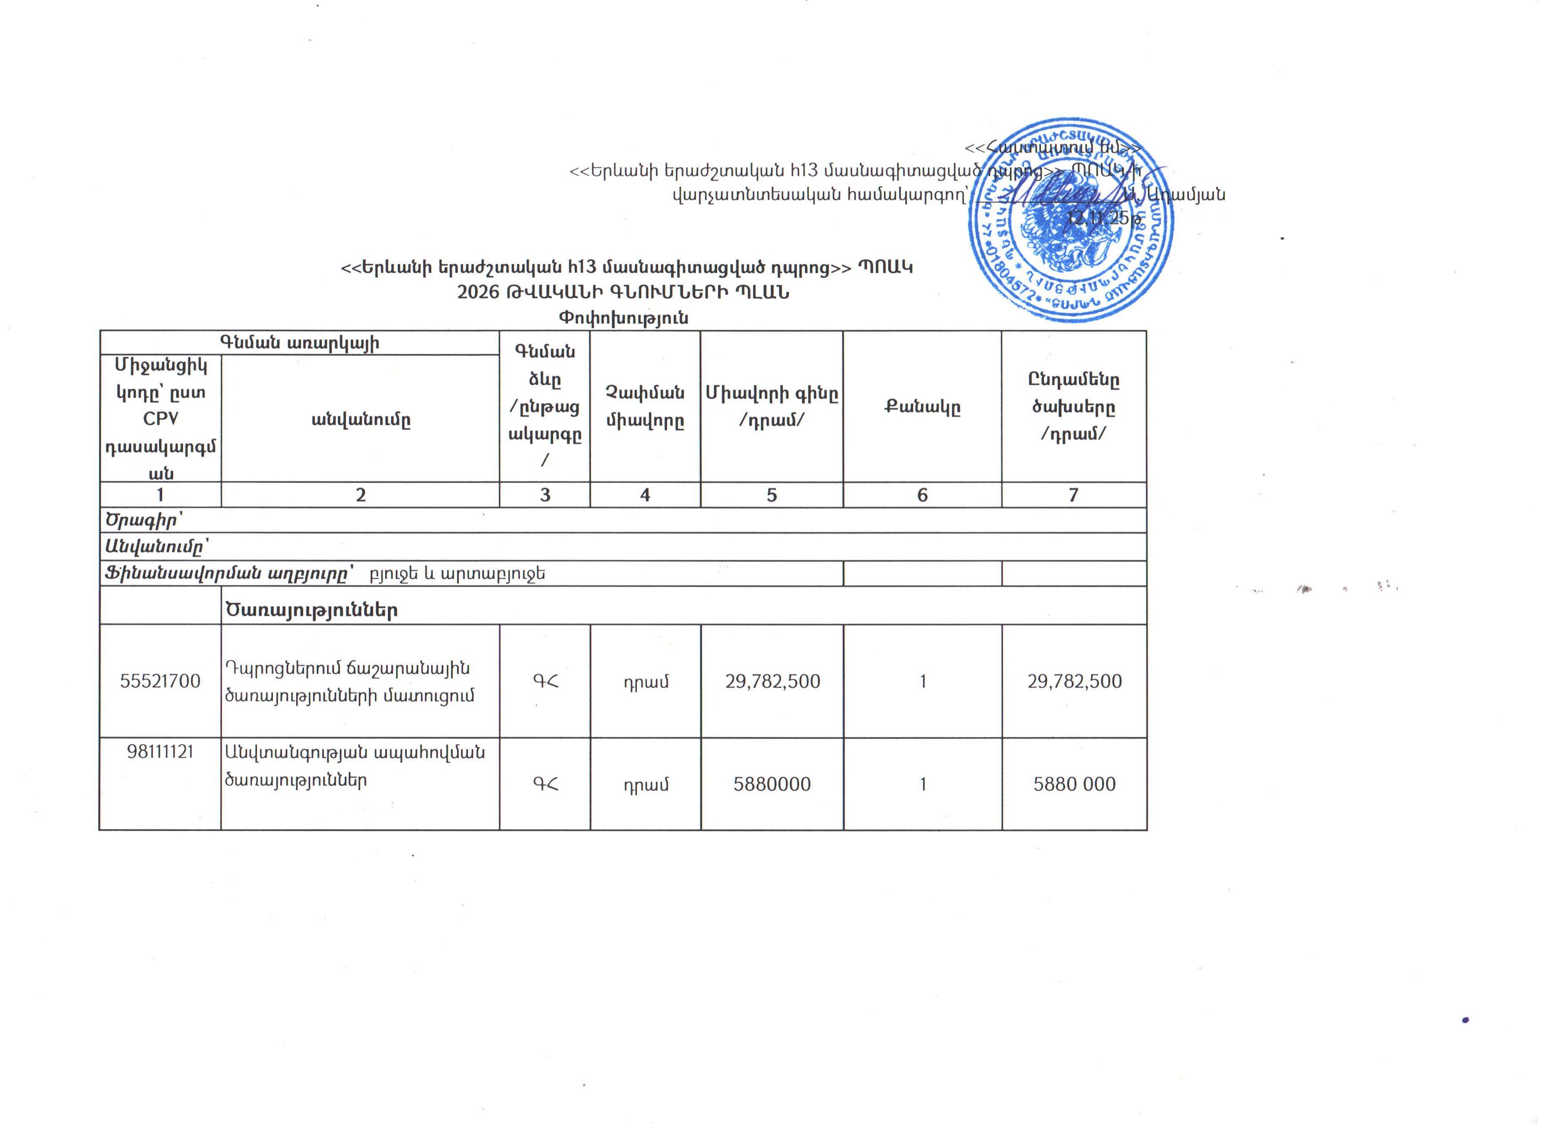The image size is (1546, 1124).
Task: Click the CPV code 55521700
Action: (160, 681)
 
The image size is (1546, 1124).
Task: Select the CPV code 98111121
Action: (160, 752)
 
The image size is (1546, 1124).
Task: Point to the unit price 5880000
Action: (772, 784)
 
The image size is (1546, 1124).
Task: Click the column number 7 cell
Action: (1073, 495)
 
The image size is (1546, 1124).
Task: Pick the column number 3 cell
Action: (545, 495)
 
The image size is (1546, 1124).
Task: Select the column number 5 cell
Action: (772, 495)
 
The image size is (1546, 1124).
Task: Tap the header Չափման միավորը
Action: (645, 407)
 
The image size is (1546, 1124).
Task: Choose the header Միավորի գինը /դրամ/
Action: (772, 406)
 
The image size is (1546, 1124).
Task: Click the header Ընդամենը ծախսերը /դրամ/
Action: (1074, 406)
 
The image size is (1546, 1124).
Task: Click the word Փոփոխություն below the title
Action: (623, 318)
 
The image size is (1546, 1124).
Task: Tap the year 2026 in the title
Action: (478, 292)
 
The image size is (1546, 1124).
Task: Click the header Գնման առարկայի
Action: (299, 343)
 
